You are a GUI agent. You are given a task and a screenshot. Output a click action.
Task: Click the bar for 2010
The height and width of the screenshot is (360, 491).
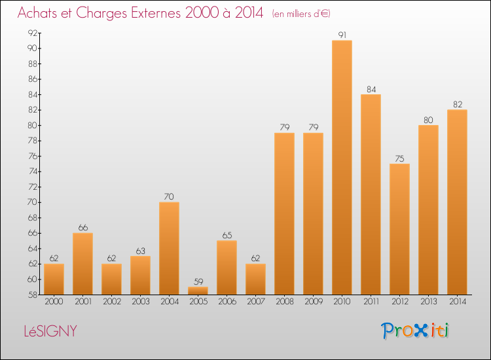pyautogui.click(x=342, y=168)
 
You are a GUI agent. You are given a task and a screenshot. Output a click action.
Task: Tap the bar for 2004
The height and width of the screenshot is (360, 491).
pyautogui.click(x=169, y=248)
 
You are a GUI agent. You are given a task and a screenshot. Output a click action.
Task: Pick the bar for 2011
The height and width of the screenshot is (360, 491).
pyautogui.click(x=371, y=194)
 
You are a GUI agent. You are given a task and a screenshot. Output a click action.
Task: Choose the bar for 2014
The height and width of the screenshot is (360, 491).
pyautogui.click(x=457, y=202)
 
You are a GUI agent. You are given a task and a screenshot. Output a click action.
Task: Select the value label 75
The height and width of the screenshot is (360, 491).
pyautogui.click(x=399, y=158)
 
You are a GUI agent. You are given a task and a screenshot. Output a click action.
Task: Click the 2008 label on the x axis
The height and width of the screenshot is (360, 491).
pyautogui.click(x=284, y=302)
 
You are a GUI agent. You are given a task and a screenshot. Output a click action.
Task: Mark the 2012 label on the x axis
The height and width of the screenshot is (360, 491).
pyautogui.click(x=399, y=302)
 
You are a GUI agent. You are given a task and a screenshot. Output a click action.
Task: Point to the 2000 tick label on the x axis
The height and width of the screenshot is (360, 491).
pyautogui.click(x=54, y=302)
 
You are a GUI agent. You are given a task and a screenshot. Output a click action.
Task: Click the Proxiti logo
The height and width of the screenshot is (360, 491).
pyautogui.click(x=415, y=331)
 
